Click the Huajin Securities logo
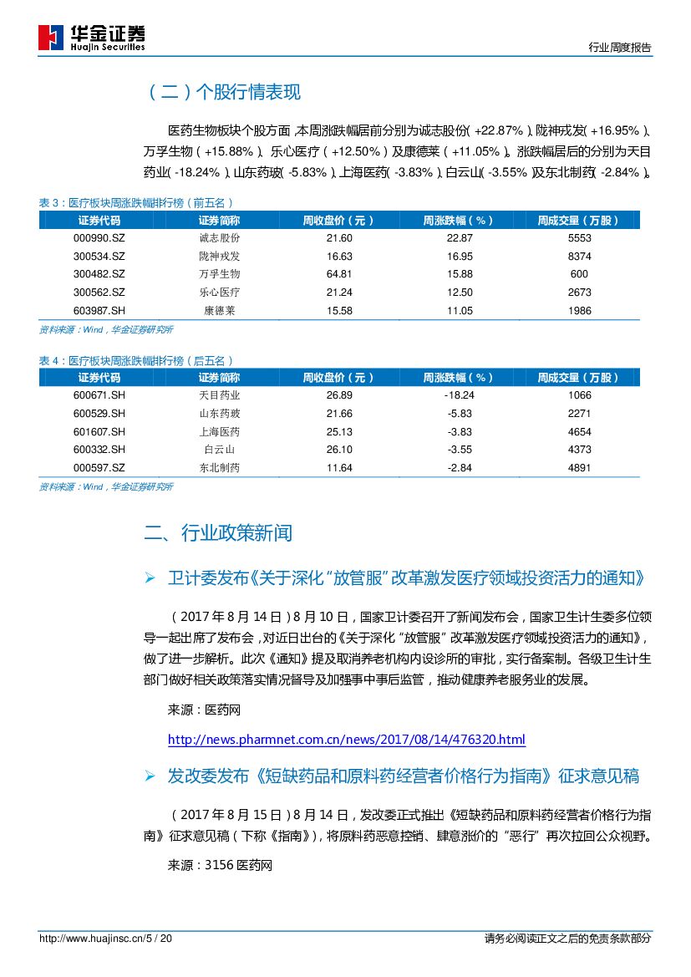pyautogui.click(x=92, y=38)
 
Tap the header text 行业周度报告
pyautogui.click(x=619, y=48)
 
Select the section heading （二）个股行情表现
pyautogui.click(x=223, y=93)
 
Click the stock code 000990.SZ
pyautogui.click(x=99, y=237)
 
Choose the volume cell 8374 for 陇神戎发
pyautogui.click(x=579, y=256)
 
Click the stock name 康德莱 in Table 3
pyautogui.click(x=219, y=311)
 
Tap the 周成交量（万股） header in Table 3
pyautogui.click(x=579, y=221)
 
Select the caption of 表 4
pyautogui.click(x=136, y=360)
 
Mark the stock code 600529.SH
pyautogui.click(x=99, y=414)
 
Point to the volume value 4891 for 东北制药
pyautogui.click(x=579, y=468)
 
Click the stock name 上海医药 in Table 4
pyautogui.click(x=219, y=432)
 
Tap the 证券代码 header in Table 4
pyautogui.click(x=99, y=378)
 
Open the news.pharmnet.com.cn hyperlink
pyautogui.click(x=347, y=740)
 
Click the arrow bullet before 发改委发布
pyautogui.click(x=150, y=776)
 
